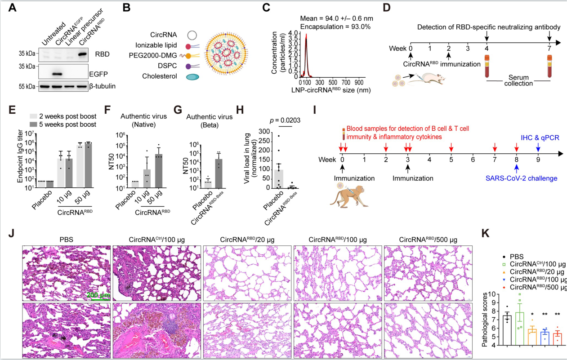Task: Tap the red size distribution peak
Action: pyautogui.click(x=306, y=54)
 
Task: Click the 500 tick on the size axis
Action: pyautogui.click(x=333, y=83)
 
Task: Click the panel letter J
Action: pyautogui.click(x=12, y=234)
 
